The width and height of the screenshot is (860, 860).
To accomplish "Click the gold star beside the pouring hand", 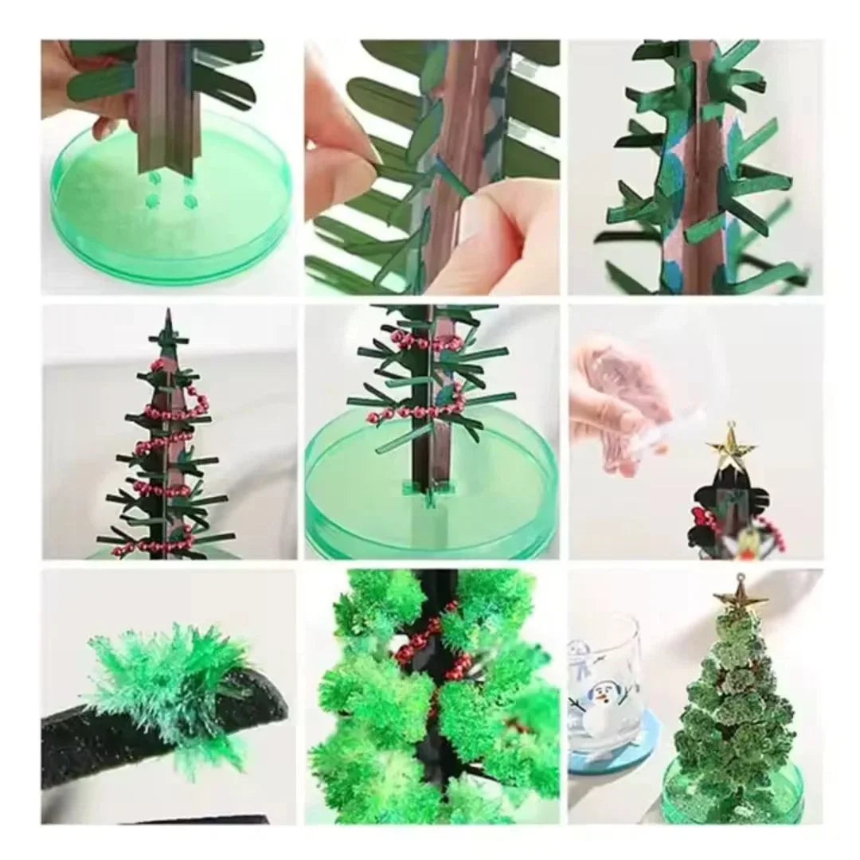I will [x=730, y=446].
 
